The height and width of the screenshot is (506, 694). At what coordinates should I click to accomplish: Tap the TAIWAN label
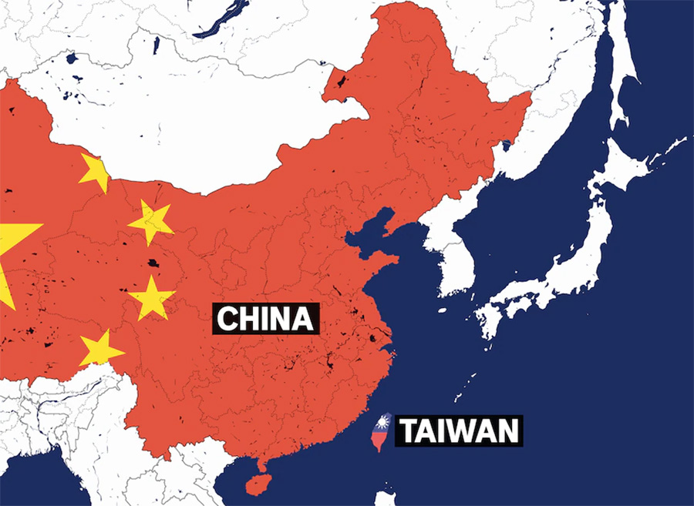[x=459, y=431]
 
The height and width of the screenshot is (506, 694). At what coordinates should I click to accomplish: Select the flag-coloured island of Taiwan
[x=380, y=436]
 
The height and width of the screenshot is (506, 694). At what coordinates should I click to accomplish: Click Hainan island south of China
[x=257, y=484]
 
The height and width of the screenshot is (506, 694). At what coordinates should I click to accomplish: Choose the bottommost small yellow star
[x=99, y=348]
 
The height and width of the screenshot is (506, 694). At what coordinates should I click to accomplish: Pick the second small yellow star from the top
[x=151, y=222]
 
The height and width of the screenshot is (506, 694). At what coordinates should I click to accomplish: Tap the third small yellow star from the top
[x=151, y=299]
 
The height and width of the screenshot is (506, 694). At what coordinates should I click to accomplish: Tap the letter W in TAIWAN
[x=469, y=431]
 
